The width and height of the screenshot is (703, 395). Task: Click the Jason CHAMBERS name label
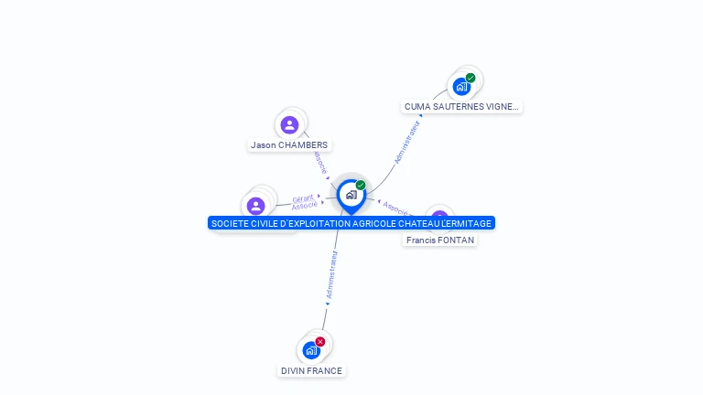coord(289,144)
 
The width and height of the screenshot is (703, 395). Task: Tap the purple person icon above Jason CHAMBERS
coord(289,125)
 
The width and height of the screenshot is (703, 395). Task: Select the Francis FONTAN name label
coord(440,240)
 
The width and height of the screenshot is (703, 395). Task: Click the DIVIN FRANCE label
coord(311,370)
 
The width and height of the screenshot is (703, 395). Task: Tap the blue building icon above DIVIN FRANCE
coord(311,350)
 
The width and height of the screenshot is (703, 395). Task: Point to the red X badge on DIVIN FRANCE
coord(320,341)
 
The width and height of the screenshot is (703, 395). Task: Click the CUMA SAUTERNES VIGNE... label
coord(461,106)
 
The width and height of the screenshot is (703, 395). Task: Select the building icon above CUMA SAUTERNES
coord(461,87)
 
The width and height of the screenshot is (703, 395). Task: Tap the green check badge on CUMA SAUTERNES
coord(470,78)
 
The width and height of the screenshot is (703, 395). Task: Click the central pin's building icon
coord(351,195)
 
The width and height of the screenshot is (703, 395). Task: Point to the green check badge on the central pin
coord(361,186)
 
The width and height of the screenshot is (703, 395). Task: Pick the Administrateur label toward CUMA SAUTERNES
coord(406,142)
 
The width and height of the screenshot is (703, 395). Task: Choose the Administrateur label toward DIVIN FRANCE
coord(332,275)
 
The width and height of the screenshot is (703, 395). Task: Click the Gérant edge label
coord(303,198)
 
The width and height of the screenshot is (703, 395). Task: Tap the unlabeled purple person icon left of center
coord(256,206)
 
